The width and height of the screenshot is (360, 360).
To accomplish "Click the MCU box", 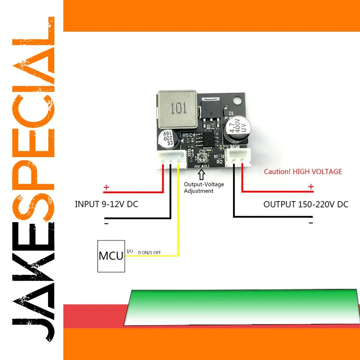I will tap(111, 256).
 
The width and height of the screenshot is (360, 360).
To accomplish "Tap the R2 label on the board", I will tap(219, 162).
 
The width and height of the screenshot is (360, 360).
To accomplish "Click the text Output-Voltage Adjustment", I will tap(204, 188).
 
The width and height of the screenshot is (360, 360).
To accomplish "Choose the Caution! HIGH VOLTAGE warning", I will tap(303, 172).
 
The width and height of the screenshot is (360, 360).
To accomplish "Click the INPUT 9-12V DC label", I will tap(106, 204).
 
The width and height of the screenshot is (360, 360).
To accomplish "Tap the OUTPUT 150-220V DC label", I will tap(306, 204).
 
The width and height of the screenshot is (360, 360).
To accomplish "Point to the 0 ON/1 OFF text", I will tap(149, 252).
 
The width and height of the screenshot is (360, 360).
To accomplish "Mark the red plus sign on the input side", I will tap(106, 188).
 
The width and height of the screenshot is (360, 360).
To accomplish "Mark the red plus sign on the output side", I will tap(311, 187).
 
